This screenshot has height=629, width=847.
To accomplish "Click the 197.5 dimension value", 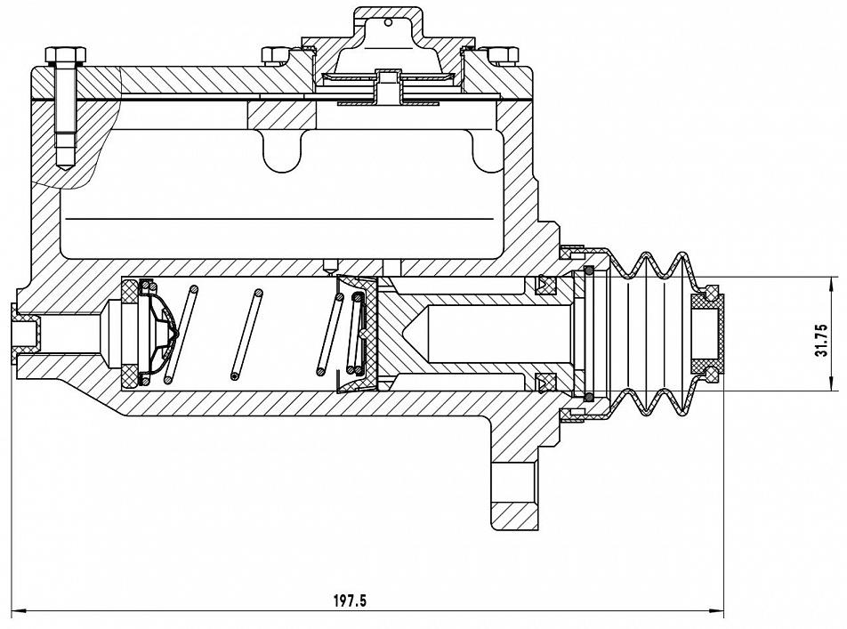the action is tap(350, 600).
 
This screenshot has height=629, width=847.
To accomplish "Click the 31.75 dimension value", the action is tap(822, 339).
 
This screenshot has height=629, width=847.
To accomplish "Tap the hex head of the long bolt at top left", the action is tap(66, 54).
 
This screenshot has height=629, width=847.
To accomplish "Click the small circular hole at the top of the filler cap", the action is tap(388, 22).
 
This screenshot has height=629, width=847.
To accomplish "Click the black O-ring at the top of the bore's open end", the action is tap(589, 270).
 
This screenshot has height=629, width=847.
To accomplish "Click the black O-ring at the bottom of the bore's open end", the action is tap(589, 398).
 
